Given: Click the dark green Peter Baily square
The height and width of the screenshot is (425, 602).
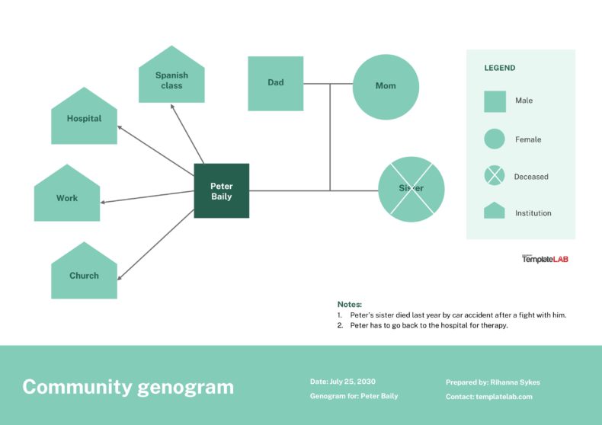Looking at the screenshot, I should (x=221, y=190).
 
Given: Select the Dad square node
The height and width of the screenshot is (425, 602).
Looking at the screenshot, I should (x=275, y=83).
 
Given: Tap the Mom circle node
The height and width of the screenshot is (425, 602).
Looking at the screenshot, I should (x=386, y=86).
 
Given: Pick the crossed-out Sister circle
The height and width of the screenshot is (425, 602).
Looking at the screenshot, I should (x=411, y=189).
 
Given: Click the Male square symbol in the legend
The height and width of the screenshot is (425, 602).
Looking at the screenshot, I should (x=495, y=101).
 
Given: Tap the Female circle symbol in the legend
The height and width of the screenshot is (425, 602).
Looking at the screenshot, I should (x=495, y=139).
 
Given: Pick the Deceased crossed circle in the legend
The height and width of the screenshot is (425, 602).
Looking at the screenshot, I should (x=495, y=176).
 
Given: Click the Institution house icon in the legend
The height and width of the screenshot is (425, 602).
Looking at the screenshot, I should (x=495, y=211).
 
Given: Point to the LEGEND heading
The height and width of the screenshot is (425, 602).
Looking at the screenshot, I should (x=500, y=68).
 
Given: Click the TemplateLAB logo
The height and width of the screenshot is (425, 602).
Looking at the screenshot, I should (x=545, y=259).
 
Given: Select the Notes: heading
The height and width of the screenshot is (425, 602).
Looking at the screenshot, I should (x=350, y=304).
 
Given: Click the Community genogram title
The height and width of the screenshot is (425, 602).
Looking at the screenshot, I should (x=128, y=387).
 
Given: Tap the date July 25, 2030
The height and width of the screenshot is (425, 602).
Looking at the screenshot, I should (x=342, y=382).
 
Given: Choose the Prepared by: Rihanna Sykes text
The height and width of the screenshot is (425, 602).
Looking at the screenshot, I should (x=492, y=382).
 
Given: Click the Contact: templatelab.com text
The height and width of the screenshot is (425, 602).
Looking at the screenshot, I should (x=488, y=397).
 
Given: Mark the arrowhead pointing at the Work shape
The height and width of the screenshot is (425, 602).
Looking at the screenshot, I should (x=103, y=202).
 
